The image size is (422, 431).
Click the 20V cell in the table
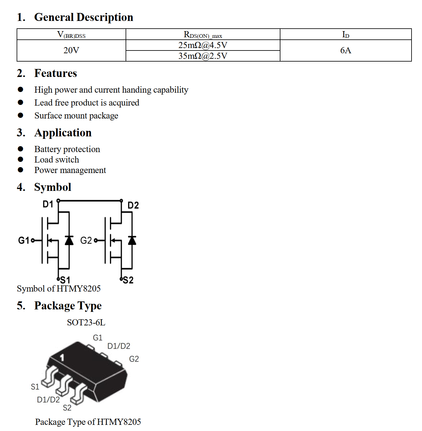71,50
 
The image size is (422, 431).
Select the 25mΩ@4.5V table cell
203,45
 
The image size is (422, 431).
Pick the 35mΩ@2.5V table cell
203,56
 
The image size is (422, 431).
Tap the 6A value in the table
345,50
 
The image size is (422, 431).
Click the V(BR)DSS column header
71,34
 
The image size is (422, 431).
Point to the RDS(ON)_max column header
203,34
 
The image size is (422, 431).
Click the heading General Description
83,17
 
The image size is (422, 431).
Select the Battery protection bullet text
67,149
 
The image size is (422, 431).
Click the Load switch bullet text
57,160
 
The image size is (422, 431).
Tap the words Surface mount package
76,116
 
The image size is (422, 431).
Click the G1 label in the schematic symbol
24,240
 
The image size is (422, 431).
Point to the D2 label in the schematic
133,205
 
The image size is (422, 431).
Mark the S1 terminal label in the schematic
65,280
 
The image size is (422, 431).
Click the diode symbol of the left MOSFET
69,240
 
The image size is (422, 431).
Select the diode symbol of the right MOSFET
132,240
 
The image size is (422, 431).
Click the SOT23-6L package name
86,323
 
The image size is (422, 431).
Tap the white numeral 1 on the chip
62,358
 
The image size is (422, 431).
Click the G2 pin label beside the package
134,359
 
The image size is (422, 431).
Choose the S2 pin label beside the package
67,408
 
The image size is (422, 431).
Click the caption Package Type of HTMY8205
88,422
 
